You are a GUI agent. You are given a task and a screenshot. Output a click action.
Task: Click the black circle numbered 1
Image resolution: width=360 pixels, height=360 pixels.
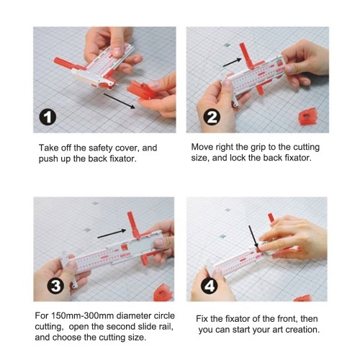[48, 117]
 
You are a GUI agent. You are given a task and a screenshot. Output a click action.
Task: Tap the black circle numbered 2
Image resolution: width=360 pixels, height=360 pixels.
[212, 117]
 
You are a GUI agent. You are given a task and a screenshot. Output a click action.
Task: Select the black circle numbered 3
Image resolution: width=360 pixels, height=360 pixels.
[55, 286]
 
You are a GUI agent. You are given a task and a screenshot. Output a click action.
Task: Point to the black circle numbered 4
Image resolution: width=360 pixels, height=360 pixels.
[210, 286]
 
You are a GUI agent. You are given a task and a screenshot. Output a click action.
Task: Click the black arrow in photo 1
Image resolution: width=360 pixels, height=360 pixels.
[120, 101]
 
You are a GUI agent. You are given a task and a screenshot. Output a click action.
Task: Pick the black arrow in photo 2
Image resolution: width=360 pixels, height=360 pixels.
[232, 63]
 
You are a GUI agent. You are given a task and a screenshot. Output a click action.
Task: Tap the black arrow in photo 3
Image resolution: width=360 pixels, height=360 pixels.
[112, 234]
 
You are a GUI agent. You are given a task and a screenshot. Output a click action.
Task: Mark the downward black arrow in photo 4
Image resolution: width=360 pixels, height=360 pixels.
[253, 237]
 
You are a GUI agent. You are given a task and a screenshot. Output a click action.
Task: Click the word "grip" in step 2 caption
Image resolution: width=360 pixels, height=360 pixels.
[258, 147]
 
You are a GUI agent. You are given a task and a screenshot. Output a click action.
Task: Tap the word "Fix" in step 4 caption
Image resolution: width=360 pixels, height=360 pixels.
[202, 319]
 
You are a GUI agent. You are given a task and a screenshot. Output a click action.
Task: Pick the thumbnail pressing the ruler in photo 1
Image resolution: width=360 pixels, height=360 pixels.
[117, 50]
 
